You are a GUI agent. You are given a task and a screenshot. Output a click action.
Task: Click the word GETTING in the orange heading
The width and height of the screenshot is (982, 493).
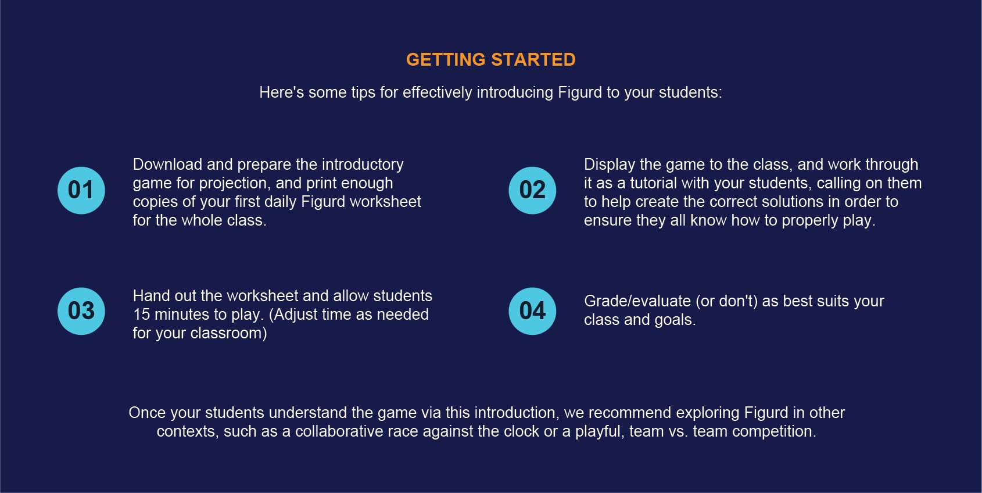pos(446,60)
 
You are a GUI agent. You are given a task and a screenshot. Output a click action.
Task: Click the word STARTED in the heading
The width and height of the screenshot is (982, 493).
pos(533,60)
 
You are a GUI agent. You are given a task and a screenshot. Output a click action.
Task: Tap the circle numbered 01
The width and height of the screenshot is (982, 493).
pos(81,190)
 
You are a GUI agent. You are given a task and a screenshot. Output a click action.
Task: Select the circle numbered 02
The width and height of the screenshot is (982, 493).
pos(532,190)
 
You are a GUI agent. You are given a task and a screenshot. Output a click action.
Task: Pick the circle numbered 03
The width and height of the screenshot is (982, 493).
pos(81,311)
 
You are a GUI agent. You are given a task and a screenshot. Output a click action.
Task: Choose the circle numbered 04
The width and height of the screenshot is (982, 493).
pos(532,311)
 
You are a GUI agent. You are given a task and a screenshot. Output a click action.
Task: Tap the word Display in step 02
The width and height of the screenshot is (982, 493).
pos(610,165)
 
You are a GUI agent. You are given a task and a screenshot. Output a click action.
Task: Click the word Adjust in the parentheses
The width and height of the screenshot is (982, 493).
pos(291,315)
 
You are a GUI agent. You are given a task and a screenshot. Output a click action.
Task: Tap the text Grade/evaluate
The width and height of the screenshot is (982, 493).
pos(637,302)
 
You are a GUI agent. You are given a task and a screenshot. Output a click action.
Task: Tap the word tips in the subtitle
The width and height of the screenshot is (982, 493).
pos(363,93)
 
